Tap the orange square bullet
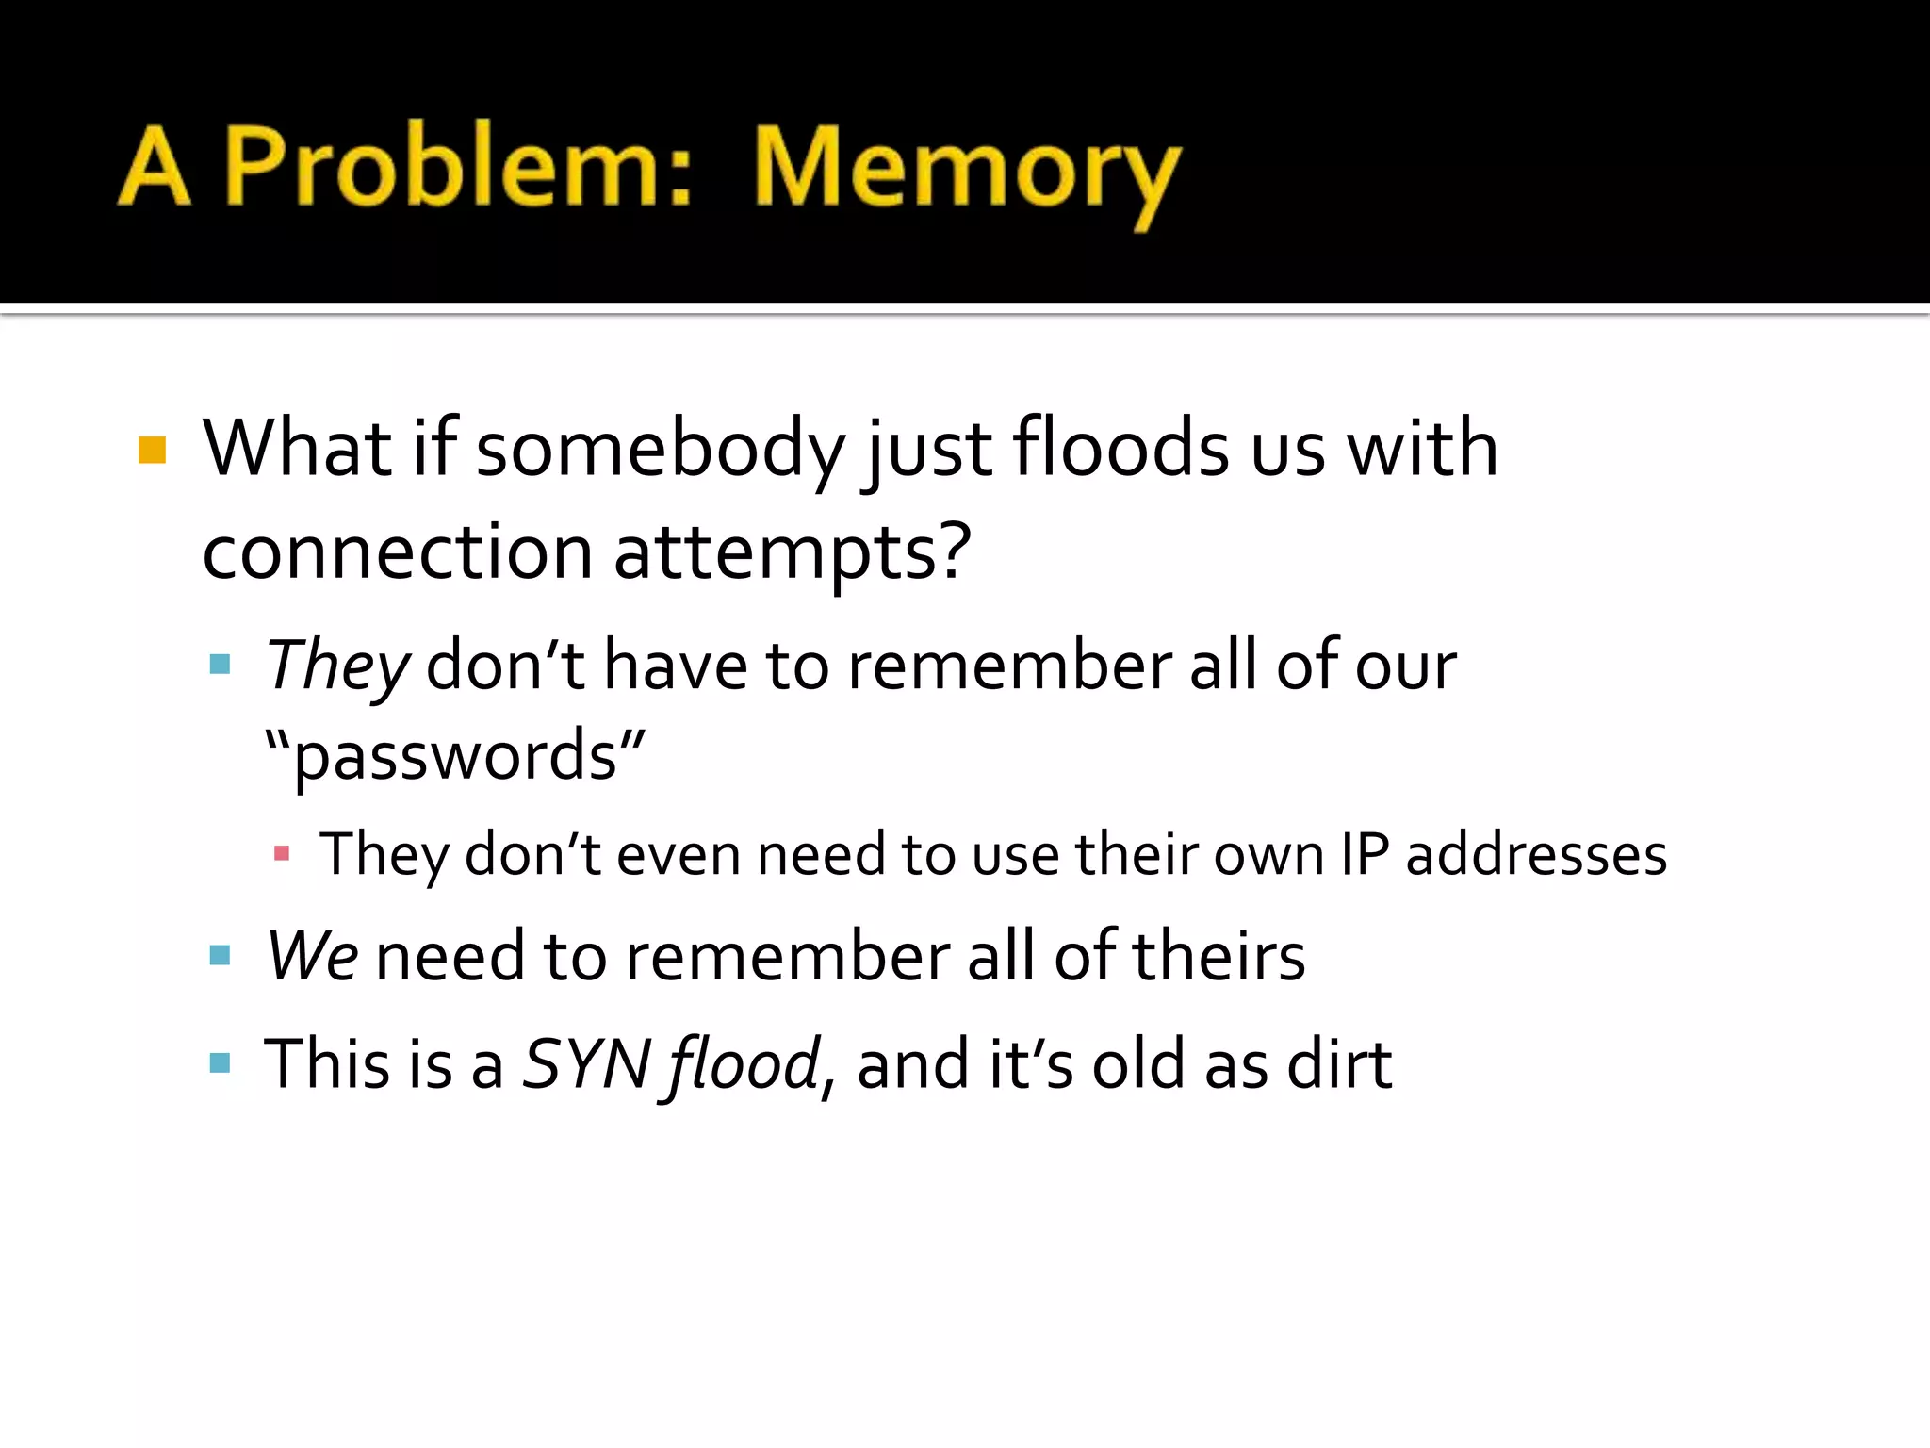coord(152,450)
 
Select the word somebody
coord(661,449)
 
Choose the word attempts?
coord(793,553)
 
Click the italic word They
coord(337,666)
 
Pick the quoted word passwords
coord(455,756)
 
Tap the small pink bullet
coord(281,854)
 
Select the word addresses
coord(1536,854)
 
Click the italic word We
coord(312,956)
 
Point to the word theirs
coord(1218,956)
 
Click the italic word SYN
coord(586,1064)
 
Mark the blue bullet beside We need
coord(221,956)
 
